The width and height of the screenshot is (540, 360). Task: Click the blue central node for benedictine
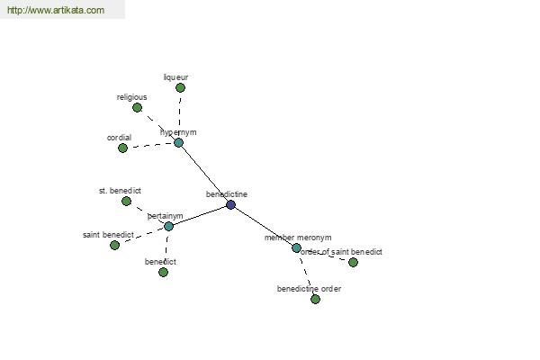tap(231, 205)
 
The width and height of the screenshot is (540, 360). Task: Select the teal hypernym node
tap(178, 142)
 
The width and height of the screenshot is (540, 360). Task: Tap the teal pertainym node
tap(168, 226)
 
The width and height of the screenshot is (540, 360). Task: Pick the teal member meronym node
tap(296, 247)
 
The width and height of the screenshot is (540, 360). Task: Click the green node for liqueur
tap(180, 88)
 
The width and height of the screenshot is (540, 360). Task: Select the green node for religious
tap(137, 108)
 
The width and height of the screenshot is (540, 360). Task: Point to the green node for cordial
tap(123, 148)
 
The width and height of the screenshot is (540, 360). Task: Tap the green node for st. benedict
tap(126, 201)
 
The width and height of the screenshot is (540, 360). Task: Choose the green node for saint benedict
tap(114, 245)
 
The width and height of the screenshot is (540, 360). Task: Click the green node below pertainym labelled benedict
tap(163, 272)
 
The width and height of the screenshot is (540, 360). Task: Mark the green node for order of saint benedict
tap(353, 262)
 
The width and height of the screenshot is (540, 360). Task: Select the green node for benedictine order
tap(315, 299)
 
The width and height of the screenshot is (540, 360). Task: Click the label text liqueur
tap(175, 77)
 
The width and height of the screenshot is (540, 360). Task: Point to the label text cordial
tap(119, 138)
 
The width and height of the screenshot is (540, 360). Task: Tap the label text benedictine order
tap(309, 289)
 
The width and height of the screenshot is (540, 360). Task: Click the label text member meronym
tap(298, 238)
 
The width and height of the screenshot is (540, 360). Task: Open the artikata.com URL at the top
tap(55, 10)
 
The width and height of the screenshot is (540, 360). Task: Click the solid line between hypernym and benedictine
tap(205, 174)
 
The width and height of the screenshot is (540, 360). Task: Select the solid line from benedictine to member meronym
tap(264, 226)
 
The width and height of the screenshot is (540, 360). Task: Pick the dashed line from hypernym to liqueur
tap(179, 115)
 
